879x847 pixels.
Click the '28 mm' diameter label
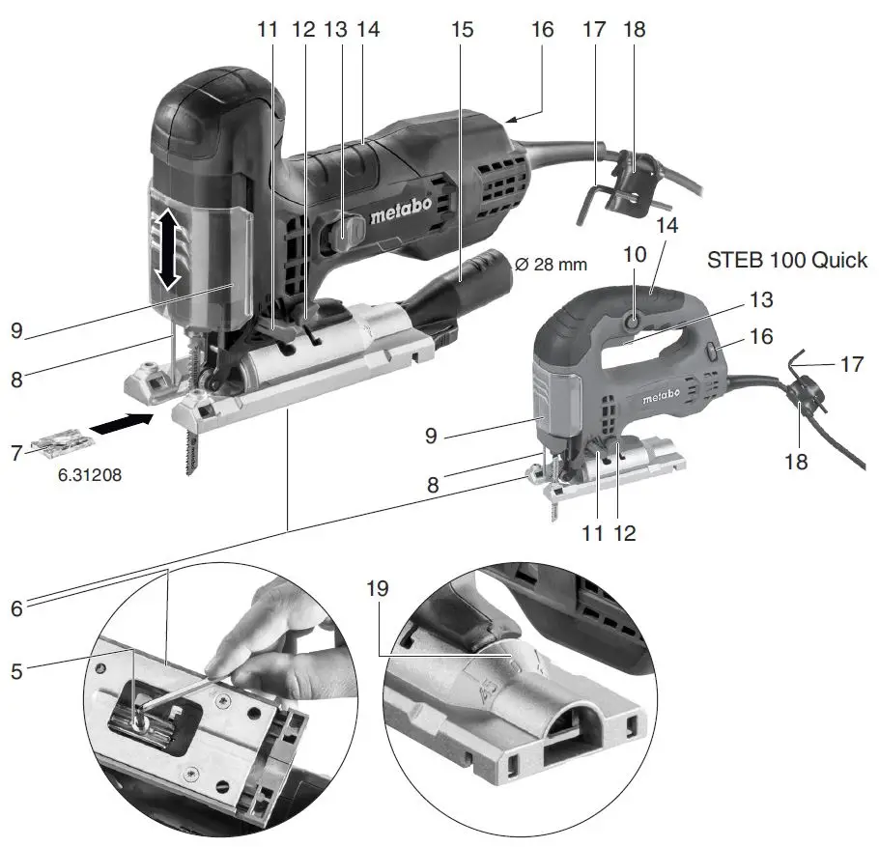coord(550,264)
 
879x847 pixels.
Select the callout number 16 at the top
coord(542,29)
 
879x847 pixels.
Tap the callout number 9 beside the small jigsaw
coord(432,437)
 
